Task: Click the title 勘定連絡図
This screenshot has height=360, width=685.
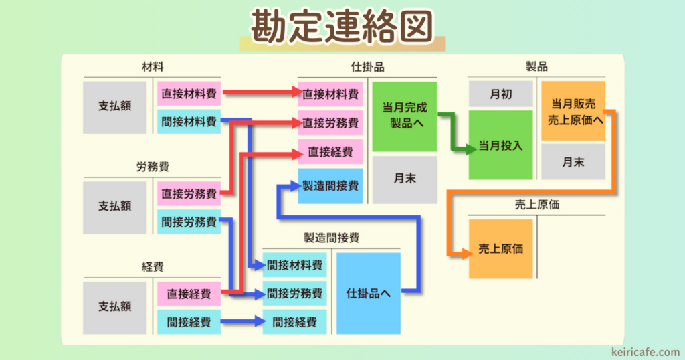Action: tap(342, 27)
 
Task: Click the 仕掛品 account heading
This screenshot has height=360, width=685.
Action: tap(367, 67)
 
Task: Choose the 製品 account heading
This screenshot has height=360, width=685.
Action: tap(536, 67)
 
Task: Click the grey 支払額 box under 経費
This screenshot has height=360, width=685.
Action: tap(115, 307)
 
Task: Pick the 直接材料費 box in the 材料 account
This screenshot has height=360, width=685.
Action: tap(189, 94)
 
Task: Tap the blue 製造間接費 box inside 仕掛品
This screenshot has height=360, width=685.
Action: tap(330, 185)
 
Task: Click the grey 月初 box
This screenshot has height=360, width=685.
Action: tap(500, 94)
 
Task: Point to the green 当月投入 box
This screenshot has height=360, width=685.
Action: tap(500, 145)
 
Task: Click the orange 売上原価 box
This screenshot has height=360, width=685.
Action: tap(500, 249)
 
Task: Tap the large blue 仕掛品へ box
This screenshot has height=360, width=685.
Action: tap(369, 293)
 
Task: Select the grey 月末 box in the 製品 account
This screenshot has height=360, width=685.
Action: tap(573, 161)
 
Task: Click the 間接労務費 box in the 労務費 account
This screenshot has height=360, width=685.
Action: tap(189, 221)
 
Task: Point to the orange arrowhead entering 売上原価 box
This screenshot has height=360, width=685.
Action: tap(463, 253)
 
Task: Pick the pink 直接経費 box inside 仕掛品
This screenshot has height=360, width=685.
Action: tap(330, 152)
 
